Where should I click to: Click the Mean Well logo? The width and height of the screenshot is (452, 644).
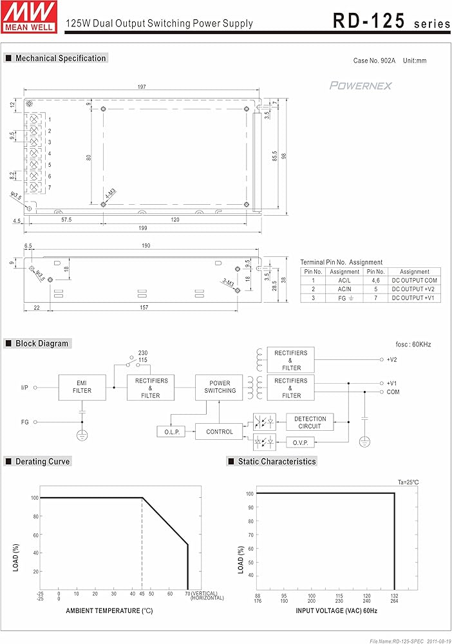coord(29,17)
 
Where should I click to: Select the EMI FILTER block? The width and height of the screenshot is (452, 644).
coord(82,387)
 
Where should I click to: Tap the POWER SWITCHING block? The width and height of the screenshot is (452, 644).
coord(219,387)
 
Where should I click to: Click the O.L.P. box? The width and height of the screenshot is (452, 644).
coord(171,431)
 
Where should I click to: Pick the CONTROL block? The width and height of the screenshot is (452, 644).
coord(219,431)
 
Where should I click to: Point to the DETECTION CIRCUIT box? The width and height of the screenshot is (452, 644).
coord(310,422)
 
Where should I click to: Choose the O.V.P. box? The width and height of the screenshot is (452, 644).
coord(300,443)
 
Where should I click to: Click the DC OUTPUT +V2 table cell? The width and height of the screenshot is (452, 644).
coord(414,289)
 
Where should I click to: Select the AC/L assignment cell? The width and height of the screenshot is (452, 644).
coord(344,281)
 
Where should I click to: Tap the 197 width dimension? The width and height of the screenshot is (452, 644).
coord(142,87)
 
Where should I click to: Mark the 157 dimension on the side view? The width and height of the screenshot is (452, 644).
coord(144,307)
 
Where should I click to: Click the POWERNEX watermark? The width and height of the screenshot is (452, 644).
coord(361,86)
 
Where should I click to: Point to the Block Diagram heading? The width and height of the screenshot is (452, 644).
coord(42,343)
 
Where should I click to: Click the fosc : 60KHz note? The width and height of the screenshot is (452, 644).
coord(413,345)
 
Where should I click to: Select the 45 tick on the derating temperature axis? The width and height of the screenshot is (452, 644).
coord(142,594)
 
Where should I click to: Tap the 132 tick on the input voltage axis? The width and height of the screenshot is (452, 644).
coord(395,596)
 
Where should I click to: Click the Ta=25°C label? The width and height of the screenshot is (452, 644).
coord(408,482)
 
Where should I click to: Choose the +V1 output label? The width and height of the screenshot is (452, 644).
coord(391,383)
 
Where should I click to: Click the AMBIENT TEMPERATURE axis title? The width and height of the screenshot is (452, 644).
coord(109,611)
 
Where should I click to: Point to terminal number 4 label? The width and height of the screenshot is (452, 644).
coord(50,154)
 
